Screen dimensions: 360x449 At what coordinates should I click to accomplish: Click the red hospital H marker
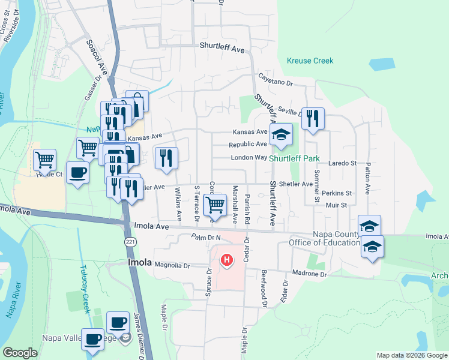click(x=227, y=260)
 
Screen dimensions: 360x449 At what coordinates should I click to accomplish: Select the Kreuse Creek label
click(x=310, y=61)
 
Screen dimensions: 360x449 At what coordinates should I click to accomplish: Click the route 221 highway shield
click(x=129, y=242)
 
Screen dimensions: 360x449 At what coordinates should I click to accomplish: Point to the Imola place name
click(x=139, y=263)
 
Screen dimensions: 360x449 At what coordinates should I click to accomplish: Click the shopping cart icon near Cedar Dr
click(x=215, y=205)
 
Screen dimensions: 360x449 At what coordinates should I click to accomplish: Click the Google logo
click(x=20, y=353)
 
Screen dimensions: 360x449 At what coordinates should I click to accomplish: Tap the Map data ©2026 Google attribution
click(x=411, y=355)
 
